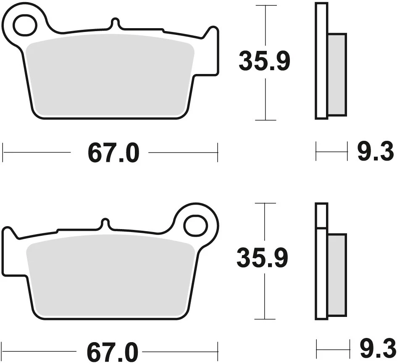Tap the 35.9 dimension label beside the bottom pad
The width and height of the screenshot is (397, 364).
(262, 258)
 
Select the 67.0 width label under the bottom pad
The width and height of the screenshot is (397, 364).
(113, 351)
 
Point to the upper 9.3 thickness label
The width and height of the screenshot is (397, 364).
(375, 152)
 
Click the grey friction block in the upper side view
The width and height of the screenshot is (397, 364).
(337, 74)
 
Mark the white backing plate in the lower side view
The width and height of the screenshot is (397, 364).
(321, 273)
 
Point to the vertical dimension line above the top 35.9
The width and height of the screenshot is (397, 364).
(266, 25)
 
